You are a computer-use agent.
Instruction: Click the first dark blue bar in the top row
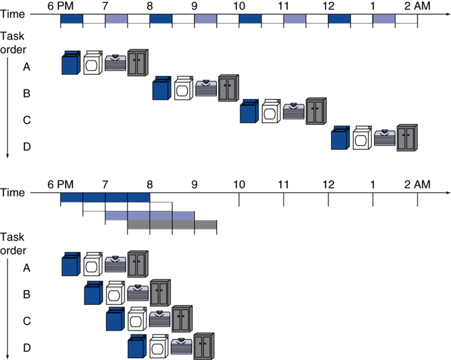(71, 19)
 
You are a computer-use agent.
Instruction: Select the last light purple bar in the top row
(384, 19)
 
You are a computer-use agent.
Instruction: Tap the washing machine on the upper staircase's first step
(71, 63)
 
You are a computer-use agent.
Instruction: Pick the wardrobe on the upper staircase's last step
(406, 137)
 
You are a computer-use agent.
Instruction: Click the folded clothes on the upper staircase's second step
(206, 88)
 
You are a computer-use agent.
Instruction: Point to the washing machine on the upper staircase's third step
(248, 112)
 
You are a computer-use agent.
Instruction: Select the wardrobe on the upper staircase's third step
(316, 112)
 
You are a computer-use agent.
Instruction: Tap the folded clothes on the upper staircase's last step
(385, 138)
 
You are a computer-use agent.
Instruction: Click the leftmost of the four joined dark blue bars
(72, 197)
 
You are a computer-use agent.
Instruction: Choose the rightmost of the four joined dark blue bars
(138, 197)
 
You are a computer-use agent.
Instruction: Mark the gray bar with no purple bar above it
(205, 224)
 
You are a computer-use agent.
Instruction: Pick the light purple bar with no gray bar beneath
(116, 216)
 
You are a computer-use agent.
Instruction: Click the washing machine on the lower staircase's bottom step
(136, 347)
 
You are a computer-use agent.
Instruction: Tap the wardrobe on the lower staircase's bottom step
(203, 347)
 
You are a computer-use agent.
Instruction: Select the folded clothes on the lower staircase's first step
(115, 264)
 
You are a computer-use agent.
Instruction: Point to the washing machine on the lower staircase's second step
(93, 293)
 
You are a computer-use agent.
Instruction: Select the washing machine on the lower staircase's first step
(71, 264)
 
